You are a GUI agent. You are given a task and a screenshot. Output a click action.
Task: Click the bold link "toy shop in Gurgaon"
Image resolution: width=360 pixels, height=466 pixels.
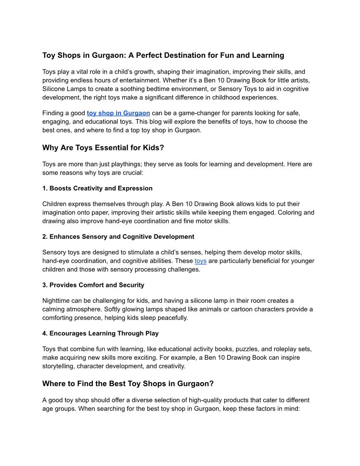pos(118,113)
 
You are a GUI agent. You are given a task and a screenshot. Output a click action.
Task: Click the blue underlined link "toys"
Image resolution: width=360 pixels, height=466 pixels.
pos(200,261)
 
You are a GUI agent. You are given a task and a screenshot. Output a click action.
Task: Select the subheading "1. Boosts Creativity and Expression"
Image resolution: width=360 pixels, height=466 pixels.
pos(97,188)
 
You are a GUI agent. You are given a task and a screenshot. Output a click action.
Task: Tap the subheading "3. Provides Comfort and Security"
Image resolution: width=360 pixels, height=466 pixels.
pos(93,285)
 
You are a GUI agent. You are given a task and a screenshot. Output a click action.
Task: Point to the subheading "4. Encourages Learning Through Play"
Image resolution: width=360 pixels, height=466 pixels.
pos(101,333)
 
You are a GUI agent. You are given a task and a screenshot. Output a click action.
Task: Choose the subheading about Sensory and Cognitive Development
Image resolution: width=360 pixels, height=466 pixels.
pos(118,237)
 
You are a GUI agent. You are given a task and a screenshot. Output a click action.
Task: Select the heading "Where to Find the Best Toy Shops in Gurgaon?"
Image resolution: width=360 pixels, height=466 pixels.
pos(128,384)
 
